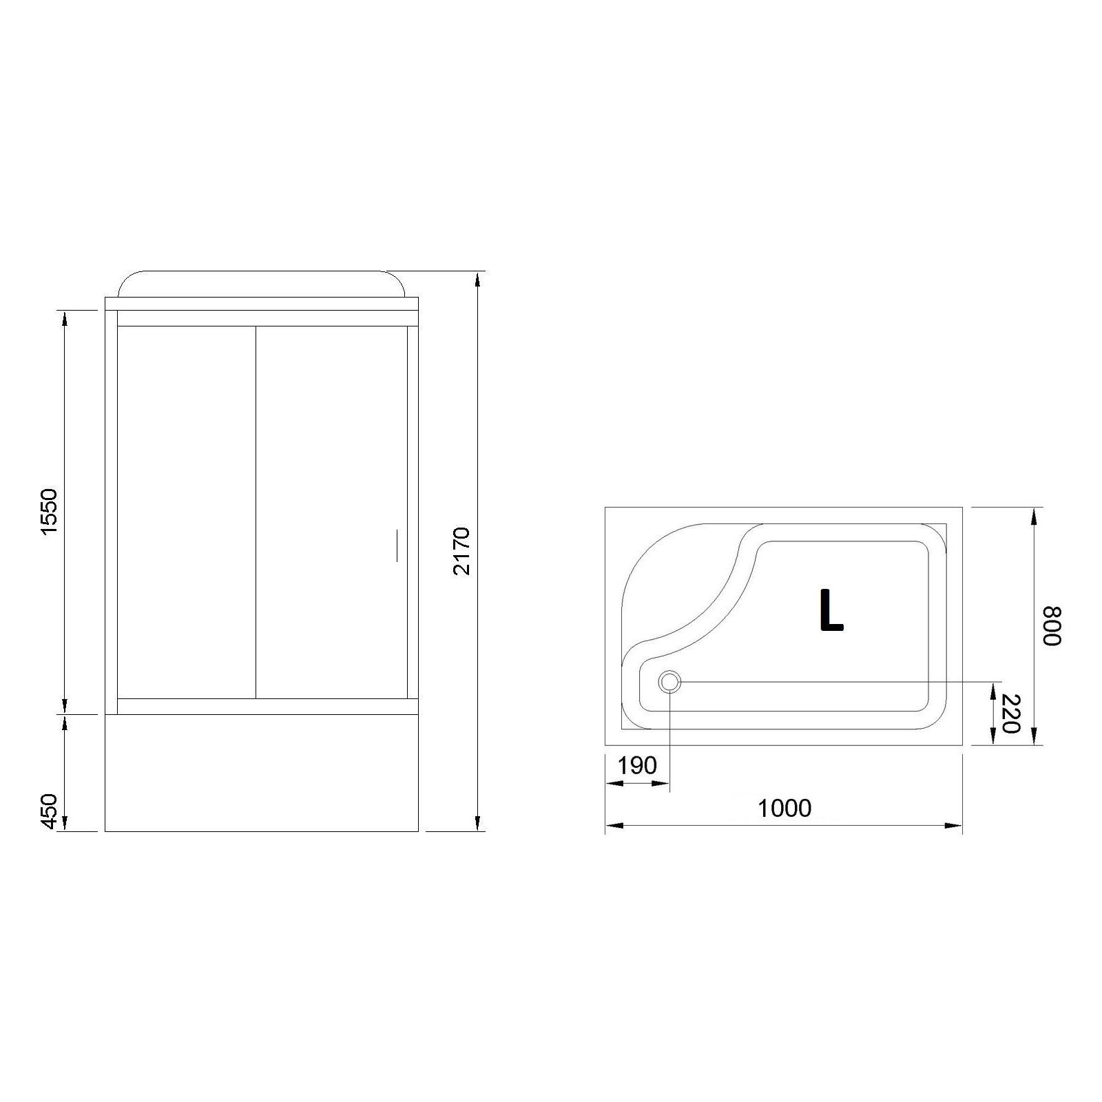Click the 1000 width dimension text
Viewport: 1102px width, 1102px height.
[x=784, y=808]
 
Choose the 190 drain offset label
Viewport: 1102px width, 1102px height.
[x=636, y=765]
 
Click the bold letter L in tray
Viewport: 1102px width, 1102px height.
[x=831, y=610]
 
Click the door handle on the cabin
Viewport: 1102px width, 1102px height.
[x=397, y=545]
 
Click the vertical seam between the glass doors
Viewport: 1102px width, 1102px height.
[x=256, y=512]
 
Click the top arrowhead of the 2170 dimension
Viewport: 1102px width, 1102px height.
[x=477, y=279]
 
